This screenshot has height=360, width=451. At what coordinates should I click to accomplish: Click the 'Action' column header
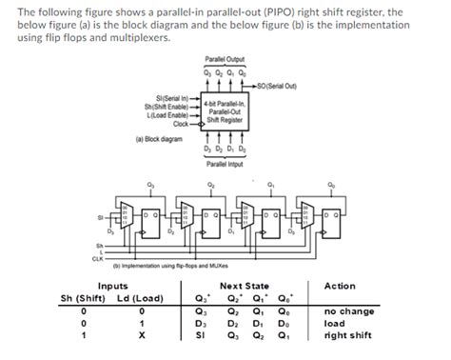[340, 285]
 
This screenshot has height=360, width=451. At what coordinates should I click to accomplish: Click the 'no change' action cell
[348, 310]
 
